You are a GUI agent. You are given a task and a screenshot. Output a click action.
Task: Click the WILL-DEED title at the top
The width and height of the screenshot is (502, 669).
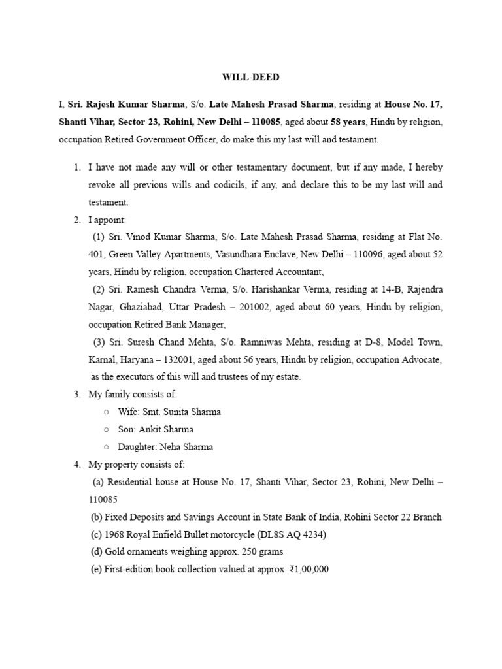coord(250,77)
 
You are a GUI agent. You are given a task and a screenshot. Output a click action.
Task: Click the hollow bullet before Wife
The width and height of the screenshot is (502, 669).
coord(106,412)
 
